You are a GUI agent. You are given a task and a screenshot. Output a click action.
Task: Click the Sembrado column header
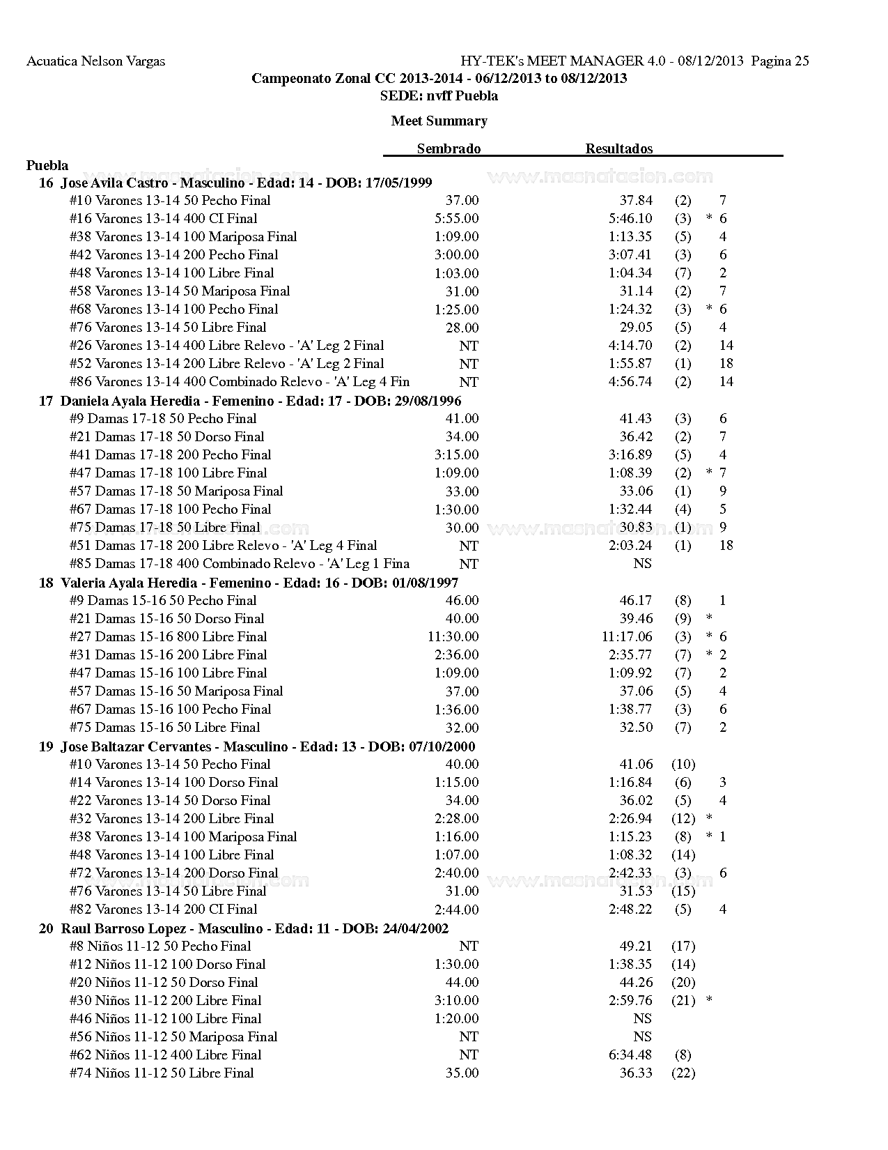[x=449, y=148]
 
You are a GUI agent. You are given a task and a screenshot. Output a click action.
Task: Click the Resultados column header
[x=618, y=148]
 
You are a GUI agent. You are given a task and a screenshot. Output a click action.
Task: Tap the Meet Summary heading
[x=439, y=121]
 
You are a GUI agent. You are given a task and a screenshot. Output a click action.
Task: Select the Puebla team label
[x=47, y=165]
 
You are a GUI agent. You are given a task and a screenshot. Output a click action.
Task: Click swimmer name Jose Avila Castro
[x=114, y=183]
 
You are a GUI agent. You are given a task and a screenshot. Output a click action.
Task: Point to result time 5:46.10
[x=630, y=218]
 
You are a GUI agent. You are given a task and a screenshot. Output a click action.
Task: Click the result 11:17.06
[x=627, y=636]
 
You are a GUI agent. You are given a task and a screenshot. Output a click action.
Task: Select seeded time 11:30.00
[x=453, y=636]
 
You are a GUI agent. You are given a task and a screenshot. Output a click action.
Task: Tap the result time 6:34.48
[x=630, y=1055]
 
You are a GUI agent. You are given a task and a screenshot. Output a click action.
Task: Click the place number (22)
[x=683, y=1073]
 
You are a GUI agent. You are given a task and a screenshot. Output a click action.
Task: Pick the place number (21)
[x=683, y=1000]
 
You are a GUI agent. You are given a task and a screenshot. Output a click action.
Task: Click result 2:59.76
[x=630, y=1000]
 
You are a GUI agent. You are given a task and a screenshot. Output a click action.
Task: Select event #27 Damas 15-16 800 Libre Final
[x=168, y=636]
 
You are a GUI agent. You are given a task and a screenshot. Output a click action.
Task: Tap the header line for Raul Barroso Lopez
[x=244, y=928]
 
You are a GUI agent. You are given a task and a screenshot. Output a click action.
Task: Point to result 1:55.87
[x=630, y=363]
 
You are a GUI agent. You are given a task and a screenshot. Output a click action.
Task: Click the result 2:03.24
[x=630, y=545]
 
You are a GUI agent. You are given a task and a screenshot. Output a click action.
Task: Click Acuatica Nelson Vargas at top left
[x=95, y=61]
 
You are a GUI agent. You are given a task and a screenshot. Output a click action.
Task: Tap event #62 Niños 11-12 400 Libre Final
[x=165, y=1055]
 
